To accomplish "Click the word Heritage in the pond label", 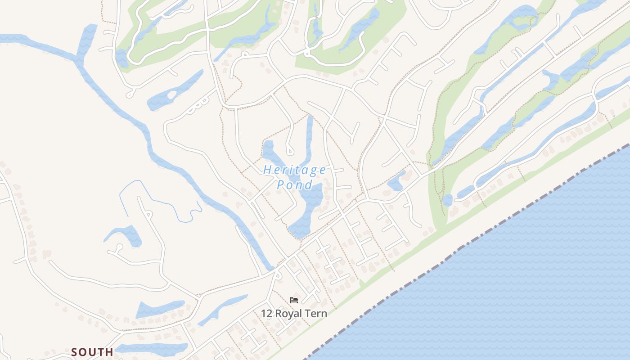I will (295, 170).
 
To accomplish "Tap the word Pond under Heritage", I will (295, 184).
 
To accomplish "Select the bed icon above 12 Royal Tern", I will (294, 300).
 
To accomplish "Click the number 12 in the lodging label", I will (266, 313).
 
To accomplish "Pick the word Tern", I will (317, 313).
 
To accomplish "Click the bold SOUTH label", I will (92, 352).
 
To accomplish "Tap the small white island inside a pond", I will (171, 95).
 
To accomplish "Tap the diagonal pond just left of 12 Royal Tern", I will (223, 310).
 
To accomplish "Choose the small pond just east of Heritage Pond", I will (396, 181).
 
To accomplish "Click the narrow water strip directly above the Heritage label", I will (310, 135).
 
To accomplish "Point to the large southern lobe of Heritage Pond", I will (306, 216).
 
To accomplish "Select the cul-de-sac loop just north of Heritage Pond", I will (290, 151).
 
